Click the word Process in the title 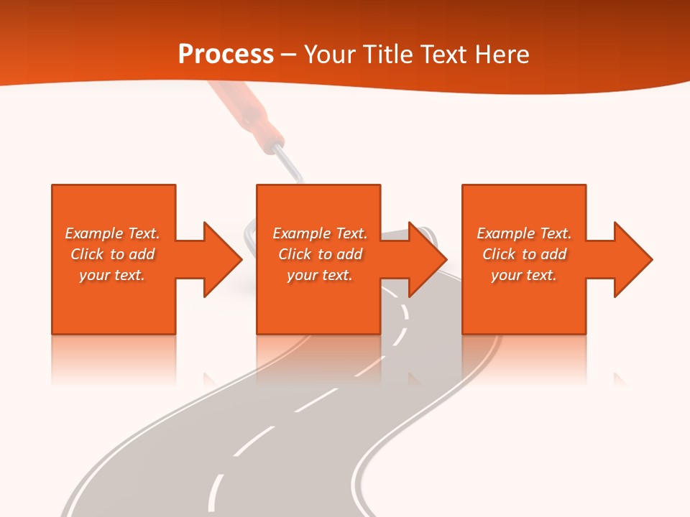[x=226, y=55]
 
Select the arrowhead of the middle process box [x=427, y=259]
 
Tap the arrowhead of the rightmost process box [x=632, y=259]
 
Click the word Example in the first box [x=93, y=233]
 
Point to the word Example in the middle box [x=301, y=233]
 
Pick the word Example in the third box [x=505, y=233]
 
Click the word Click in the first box [x=87, y=254]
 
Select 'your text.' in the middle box [x=319, y=275]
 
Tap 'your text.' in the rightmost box [x=523, y=275]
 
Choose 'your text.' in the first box [x=111, y=275]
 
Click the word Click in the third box [x=499, y=254]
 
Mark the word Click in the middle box [x=295, y=254]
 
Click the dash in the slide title [x=288, y=55]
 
